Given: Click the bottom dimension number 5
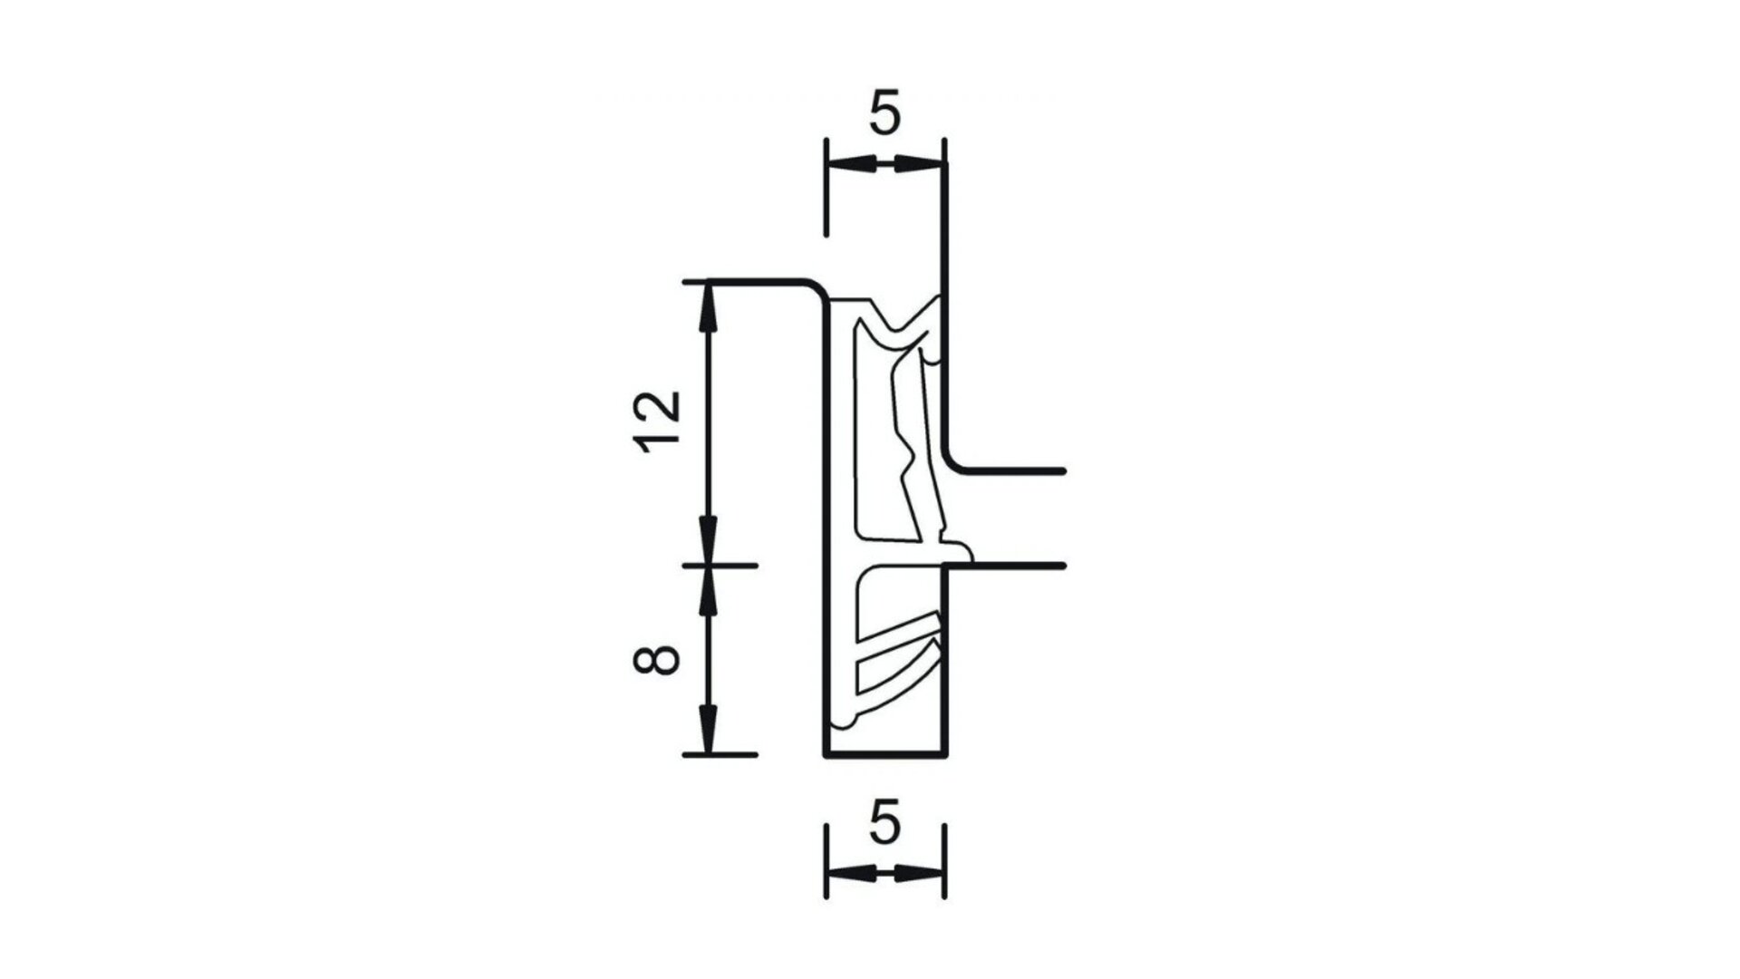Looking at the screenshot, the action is (x=884, y=825).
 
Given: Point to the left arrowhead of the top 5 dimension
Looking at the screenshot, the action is (x=852, y=163).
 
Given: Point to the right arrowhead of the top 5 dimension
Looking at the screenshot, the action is (x=919, y=163).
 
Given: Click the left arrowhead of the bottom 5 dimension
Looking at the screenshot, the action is (x=852, y=875).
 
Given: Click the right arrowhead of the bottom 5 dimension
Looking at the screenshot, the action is (x=919, y=875).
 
